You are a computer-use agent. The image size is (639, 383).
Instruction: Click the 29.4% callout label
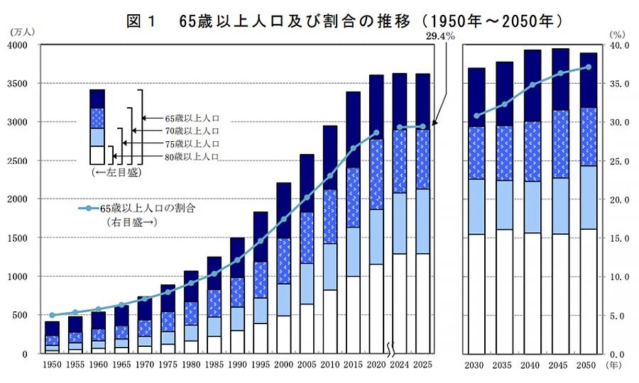click(x=440, y=34)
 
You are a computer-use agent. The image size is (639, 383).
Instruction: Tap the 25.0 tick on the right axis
click(x=620, y=161)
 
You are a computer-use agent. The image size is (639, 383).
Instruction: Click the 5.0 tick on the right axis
click(x=620, y=315)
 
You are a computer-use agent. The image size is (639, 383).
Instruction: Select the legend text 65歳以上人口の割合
click(x=148, y=209)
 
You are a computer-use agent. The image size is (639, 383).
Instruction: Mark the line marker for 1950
click(x=52, y=315)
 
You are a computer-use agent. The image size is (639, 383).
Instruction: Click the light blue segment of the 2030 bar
click(x=476, y=206)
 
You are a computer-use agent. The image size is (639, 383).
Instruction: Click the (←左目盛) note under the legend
click(x=114, y=172)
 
